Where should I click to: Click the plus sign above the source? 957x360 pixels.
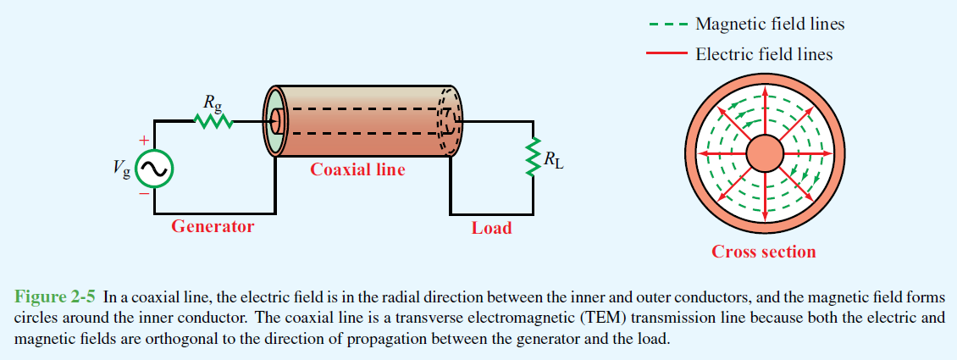click(x=144, y=140)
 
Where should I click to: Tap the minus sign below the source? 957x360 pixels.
click(x=144, y=193)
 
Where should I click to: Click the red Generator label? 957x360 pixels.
click(x=213, y=226)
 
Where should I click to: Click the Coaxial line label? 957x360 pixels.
click(x=357, y=169)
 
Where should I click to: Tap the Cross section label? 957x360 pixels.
click(x=763, y=252)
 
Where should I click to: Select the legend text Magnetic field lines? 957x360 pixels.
click(x=770, y=24)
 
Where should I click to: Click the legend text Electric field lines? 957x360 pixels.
click(x=764, y=54)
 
